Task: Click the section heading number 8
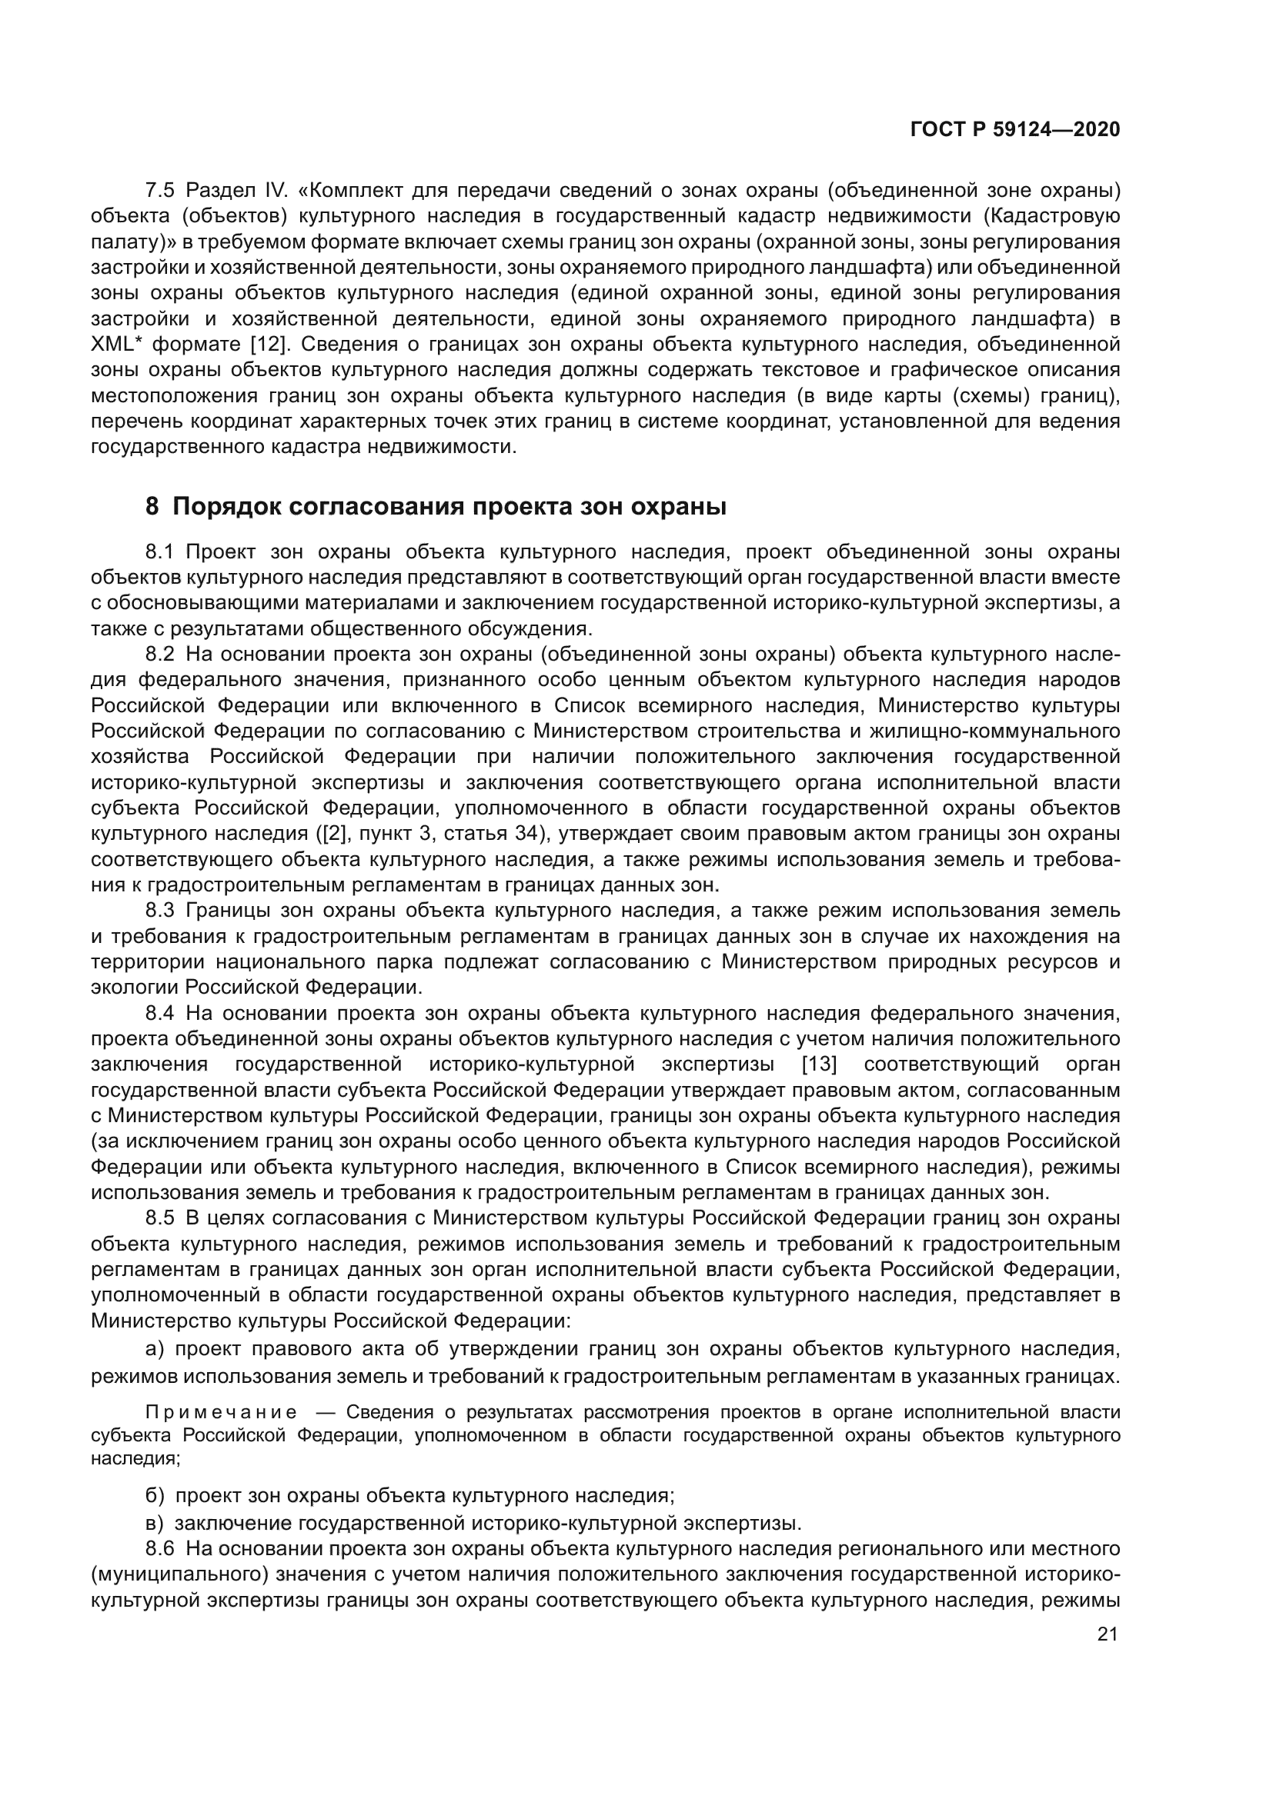tap(152, 507)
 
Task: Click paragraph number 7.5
tap(161, 191)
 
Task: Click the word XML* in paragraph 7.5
tap(116, 344)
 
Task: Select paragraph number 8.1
tap(160, 551)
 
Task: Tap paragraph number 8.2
tap(160, 655)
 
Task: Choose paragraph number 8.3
tap(160, 911)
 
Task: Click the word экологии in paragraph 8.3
tap(134, 988)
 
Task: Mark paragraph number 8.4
tap(160, 1013)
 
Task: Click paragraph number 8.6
tap(160, 1549)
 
